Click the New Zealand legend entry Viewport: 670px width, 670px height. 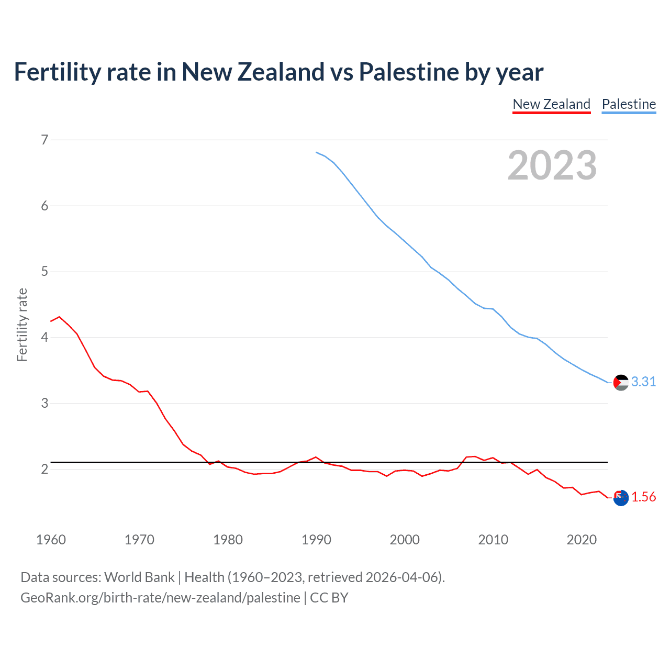pyautogui.click(x=551, y=104)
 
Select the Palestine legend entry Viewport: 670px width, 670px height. pyautogui.click(x=629, y=104)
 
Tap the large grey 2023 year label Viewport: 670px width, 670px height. pyautogui.click(x=552, y=165)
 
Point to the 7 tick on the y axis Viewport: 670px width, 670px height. pyautogui.click(x=44, y=140)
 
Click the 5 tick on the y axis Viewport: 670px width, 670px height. pyautogui.click(x=44, y=272)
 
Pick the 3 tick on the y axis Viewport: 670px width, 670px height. pyautogui.click(x=44, y=404)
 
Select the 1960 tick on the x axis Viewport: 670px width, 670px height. pyautogui.click(x=51, y=540)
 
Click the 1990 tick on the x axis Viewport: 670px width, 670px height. pyautogui.click(x=316, y=540)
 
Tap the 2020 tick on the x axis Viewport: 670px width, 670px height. pyautogui.click(x=582, y=540)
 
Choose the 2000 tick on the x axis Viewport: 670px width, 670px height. pyautogui.click(x=405, y=540)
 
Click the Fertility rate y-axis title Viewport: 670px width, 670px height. pyautogui.click(x=22, y=325)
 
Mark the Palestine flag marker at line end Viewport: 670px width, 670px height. pyautogui.click(x=621, y=383)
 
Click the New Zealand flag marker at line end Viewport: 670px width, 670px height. pyautogui.click(x=621, y=498)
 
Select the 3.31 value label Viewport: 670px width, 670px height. pyautogui.click(x=643, y=382)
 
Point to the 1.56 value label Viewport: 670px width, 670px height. pyautogui.click(x=643, y=497)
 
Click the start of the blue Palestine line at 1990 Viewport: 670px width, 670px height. pyautogui.click(x=317, y=152)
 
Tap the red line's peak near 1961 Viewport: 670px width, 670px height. pyautogui.click(x=59, y=317)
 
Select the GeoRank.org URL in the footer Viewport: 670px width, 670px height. pyautogui.click(x=160, y=598)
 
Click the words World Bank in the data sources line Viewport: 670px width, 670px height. pyautogui.click(x=139, y=577)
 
